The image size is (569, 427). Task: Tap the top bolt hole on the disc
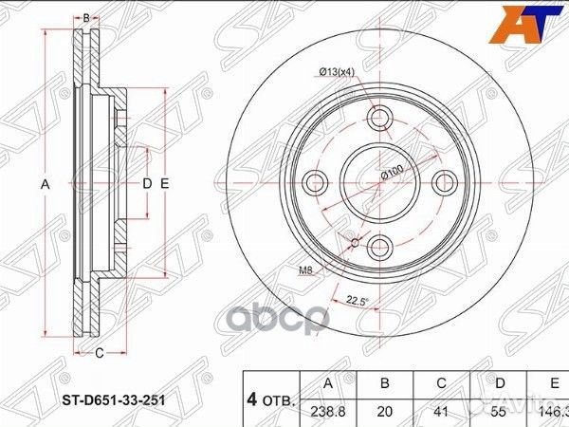pyautogui.click(x=380, y=119)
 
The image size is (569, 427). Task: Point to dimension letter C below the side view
pyautogui.click(x=99, y=353)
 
